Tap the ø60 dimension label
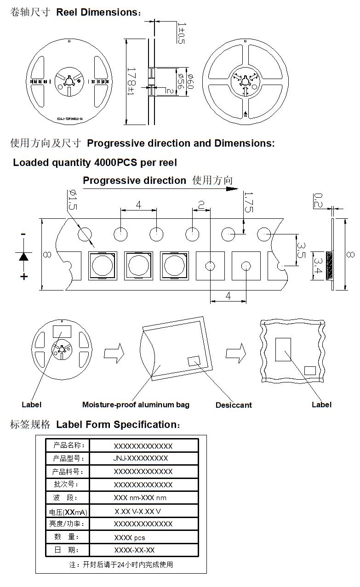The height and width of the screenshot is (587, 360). click(x=190, y=81)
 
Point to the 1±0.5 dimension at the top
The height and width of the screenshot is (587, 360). click(x=181, y=33)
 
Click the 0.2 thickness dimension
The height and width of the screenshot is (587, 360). click(x=317, y=201)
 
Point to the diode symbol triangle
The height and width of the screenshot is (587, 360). click(x=23, y=256)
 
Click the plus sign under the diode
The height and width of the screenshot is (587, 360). click(x=23, y=276)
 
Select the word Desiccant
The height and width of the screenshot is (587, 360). click(x=234, y=405)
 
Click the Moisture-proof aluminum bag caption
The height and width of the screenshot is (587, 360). click(x=136, y=405)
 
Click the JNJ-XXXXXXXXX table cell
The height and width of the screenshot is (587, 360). click(x=140, y=458)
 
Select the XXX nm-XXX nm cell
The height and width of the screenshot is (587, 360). click(x=140, y=498)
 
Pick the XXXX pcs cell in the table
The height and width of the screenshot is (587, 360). click(x=130, y=537)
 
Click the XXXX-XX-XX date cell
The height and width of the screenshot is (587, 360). click(x=134, y=550)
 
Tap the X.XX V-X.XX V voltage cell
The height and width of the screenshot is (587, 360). click(x=138, y=511)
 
